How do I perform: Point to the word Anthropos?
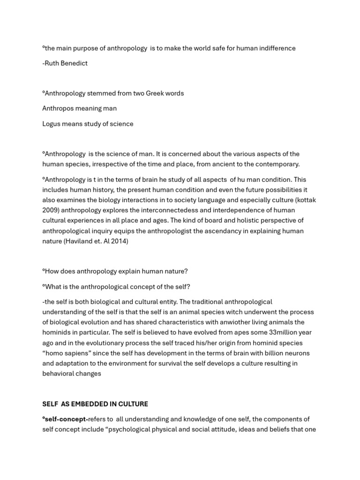[x=58, y=108]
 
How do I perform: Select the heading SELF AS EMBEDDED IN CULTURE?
[x=95, y=404]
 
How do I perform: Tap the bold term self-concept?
[x=66, y=419]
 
